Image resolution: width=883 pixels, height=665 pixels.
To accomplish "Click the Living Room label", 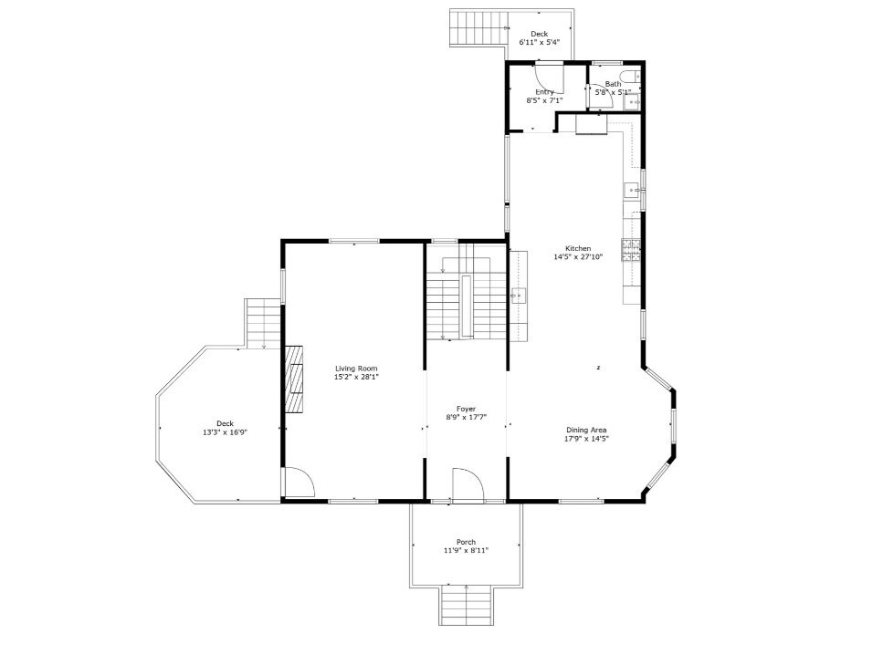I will (355, 369).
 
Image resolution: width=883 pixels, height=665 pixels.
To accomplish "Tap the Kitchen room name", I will (578, 248).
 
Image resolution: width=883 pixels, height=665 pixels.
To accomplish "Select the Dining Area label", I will (586, 430).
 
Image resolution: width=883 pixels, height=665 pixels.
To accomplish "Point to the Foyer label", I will (466, 409).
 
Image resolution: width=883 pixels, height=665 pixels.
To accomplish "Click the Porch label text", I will (466, 542).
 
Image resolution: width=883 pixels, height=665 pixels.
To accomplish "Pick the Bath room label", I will (612, 84).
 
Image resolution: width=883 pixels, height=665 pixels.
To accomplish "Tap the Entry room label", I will (544, 92).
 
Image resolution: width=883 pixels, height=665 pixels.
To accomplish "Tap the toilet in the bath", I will (630, 77).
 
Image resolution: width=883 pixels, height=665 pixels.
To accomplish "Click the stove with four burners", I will (631, 249).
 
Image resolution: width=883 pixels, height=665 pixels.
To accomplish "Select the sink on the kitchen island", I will (519, 295).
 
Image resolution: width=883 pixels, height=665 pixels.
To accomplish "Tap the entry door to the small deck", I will (550, 78).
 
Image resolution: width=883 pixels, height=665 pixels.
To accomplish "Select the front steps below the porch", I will (466, 605).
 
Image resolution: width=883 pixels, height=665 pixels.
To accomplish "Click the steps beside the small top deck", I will (478, 27).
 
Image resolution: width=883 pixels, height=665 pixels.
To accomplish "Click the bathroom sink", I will (632, 103).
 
